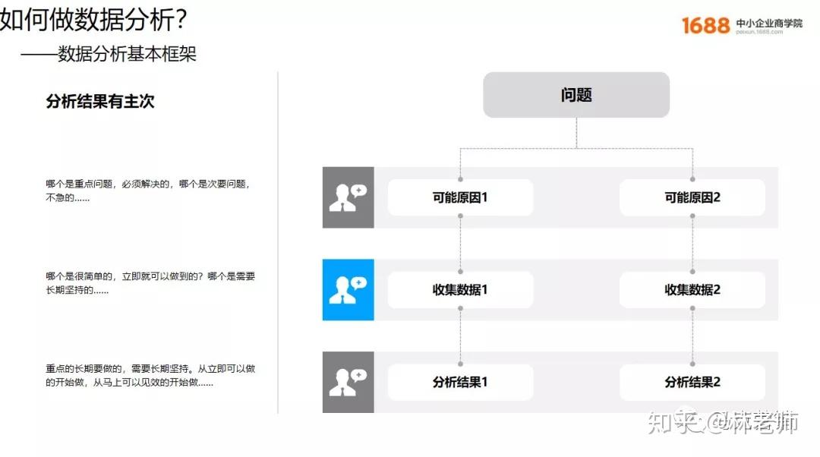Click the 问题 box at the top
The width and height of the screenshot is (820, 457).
coord(576,95)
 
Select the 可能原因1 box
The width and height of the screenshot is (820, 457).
coord(460,197)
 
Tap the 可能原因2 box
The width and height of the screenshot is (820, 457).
coord(692,197)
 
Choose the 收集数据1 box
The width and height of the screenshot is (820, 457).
coord(460,290)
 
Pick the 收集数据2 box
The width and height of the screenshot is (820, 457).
coord(692,290)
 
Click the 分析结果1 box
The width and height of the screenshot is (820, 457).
coord(460,383)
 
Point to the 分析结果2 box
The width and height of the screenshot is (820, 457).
coord(692,383)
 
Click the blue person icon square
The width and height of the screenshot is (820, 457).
coord(348,290)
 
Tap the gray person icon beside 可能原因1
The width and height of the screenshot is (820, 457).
coord(348,197)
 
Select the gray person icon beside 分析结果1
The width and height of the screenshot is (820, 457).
coord(348,383)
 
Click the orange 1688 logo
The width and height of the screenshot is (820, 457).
coord(705,25)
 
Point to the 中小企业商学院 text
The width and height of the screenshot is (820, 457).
coord(768,23)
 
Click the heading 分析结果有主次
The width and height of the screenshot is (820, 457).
coord(100,101)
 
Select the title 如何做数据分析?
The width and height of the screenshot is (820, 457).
coord(93,19)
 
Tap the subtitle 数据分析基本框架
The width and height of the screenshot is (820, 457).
coord(127,54)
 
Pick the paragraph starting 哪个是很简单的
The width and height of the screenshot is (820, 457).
coord(150,283)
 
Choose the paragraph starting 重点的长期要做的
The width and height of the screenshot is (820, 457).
coord(150,376)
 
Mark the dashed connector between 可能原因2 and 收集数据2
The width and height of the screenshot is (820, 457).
coord(692,244)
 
